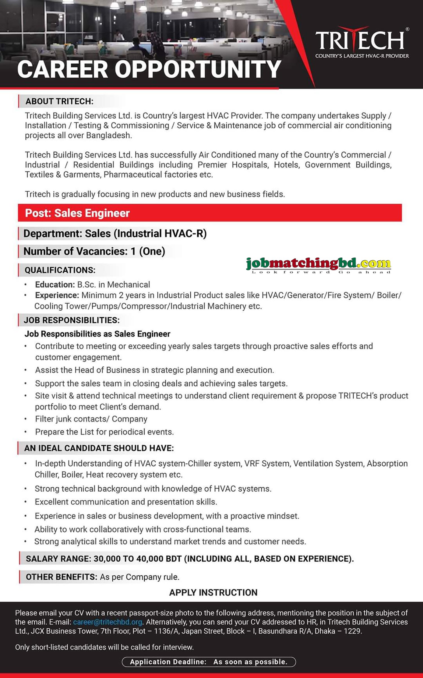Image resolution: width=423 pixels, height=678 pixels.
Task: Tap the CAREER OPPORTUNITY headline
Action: click(x=149, y=69)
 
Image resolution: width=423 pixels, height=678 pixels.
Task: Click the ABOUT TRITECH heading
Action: click(x=59, y=101)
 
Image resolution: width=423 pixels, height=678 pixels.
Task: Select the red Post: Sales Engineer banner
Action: click(x=210, y=213)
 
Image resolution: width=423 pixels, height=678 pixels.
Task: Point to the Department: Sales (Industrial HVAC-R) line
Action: click(x=115, y=234)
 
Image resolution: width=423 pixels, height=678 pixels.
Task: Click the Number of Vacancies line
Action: click(x=94, y=251)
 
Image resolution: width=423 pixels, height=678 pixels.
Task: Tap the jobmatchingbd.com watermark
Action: click(x=318, y=265)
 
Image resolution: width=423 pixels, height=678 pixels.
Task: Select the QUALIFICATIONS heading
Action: click(x=60, y=270)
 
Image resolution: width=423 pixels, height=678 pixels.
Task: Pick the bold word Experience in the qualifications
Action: click(x=57, y=295)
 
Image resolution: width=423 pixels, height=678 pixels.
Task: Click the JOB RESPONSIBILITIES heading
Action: click(x=72, y=320)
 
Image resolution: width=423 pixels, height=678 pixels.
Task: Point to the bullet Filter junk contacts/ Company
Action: click(x=91, y=419)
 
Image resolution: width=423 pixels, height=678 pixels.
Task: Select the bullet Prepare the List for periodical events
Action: click(x=104, y=432)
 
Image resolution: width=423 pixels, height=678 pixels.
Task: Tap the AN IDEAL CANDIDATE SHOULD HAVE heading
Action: click(x=99, y=448)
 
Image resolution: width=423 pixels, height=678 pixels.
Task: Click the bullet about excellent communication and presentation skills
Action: click(x=126, y=502)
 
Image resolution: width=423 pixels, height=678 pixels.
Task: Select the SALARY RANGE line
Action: click(x=190, y=559)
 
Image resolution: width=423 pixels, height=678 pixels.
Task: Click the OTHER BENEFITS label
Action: click(x=61, y=577)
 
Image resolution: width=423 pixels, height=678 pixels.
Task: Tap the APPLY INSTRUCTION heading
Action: click(x=213, y=593)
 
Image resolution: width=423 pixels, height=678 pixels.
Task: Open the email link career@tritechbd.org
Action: click(x=107, y=622)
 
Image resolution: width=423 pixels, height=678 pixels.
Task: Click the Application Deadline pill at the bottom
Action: click(x=209, y=662)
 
